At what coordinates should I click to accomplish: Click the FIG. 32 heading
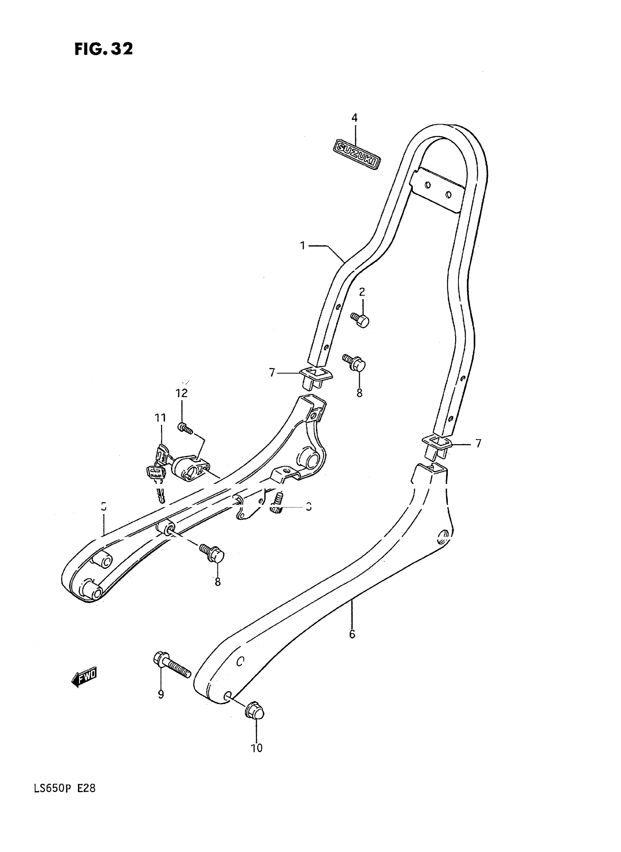point(103,49)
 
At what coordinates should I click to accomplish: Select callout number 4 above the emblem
point(354,118)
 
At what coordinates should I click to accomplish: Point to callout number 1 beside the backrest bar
point(302,246)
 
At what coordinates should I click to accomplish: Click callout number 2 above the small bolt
point(362,292)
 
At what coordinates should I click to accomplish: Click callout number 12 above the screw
point(181,393)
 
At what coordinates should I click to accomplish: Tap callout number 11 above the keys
point(160,417)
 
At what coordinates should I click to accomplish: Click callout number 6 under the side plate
point(352,634)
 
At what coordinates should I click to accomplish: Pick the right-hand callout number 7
point(478,444)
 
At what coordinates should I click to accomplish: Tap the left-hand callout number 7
point(272,373)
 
